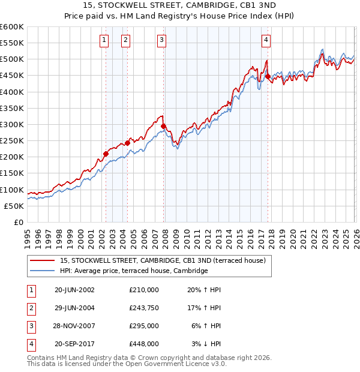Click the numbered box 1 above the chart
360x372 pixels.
point(104,40)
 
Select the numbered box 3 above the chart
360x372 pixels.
point(162,40)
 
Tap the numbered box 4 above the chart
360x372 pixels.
point(265,40)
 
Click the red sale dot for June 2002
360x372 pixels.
point(106,154)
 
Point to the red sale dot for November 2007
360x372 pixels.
point(164,126)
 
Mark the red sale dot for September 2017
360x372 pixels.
point(268,76)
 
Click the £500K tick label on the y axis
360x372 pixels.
point(11,59)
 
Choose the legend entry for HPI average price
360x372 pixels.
point(133,271)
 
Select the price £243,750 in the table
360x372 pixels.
point(144,308)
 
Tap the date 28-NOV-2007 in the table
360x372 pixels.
point(74,326)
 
